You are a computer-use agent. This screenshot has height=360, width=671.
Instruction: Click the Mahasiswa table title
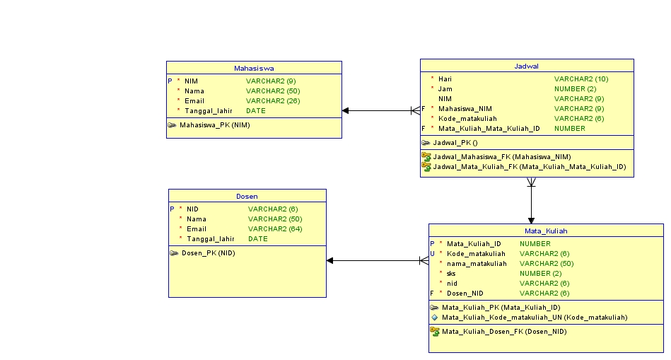pyautogui.click(x=254, y=69)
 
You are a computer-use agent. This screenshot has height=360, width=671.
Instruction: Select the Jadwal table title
pyautogui.click(x=526, y=66)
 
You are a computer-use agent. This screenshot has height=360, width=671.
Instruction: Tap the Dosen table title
pyautogui.click(x=247, y=196)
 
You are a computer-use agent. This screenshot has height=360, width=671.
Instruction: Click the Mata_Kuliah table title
pyautogui.click(x=545, y=231)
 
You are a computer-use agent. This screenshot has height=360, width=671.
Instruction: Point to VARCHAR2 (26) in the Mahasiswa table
pyautogui.click(x=273, y=101)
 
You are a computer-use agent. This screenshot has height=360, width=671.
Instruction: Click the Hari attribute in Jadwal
pyautogui.click(x=445, y=79)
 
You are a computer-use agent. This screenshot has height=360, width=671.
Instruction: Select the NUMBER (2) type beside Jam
pyautogui.click(x=575, y=88)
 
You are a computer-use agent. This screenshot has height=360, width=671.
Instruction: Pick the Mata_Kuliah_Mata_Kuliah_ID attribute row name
pyautogui.click(x=489, y=128)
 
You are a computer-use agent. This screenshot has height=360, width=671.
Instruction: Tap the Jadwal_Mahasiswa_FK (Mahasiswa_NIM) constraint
pyautogui.click(x=501, y=156)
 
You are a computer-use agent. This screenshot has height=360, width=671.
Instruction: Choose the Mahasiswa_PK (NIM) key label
pyautogui.click(x=214, y=125)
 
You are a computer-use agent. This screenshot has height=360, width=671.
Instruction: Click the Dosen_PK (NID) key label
pyautogui.click(x=208, y=252)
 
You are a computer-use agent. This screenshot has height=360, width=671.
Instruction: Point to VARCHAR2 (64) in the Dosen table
pyautogui.click(x=275, y=228)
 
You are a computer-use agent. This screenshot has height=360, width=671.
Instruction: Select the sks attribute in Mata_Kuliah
pyautogui.click(x=451, y=273)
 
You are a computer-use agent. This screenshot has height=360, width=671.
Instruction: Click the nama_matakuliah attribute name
pyautogui.click(x=477, y=263)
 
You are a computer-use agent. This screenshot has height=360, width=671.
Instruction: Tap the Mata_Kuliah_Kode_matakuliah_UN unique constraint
pyautogui.click(x=534, y=317)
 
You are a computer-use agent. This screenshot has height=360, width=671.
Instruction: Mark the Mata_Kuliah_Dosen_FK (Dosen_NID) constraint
pyautogui.click(x=503, y=331)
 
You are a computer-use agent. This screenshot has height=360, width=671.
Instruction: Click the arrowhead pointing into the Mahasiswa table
pyautogui.click(x=346, y=110)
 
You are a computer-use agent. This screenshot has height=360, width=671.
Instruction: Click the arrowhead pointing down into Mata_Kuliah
pyautogui.click(x=531, y=220)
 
